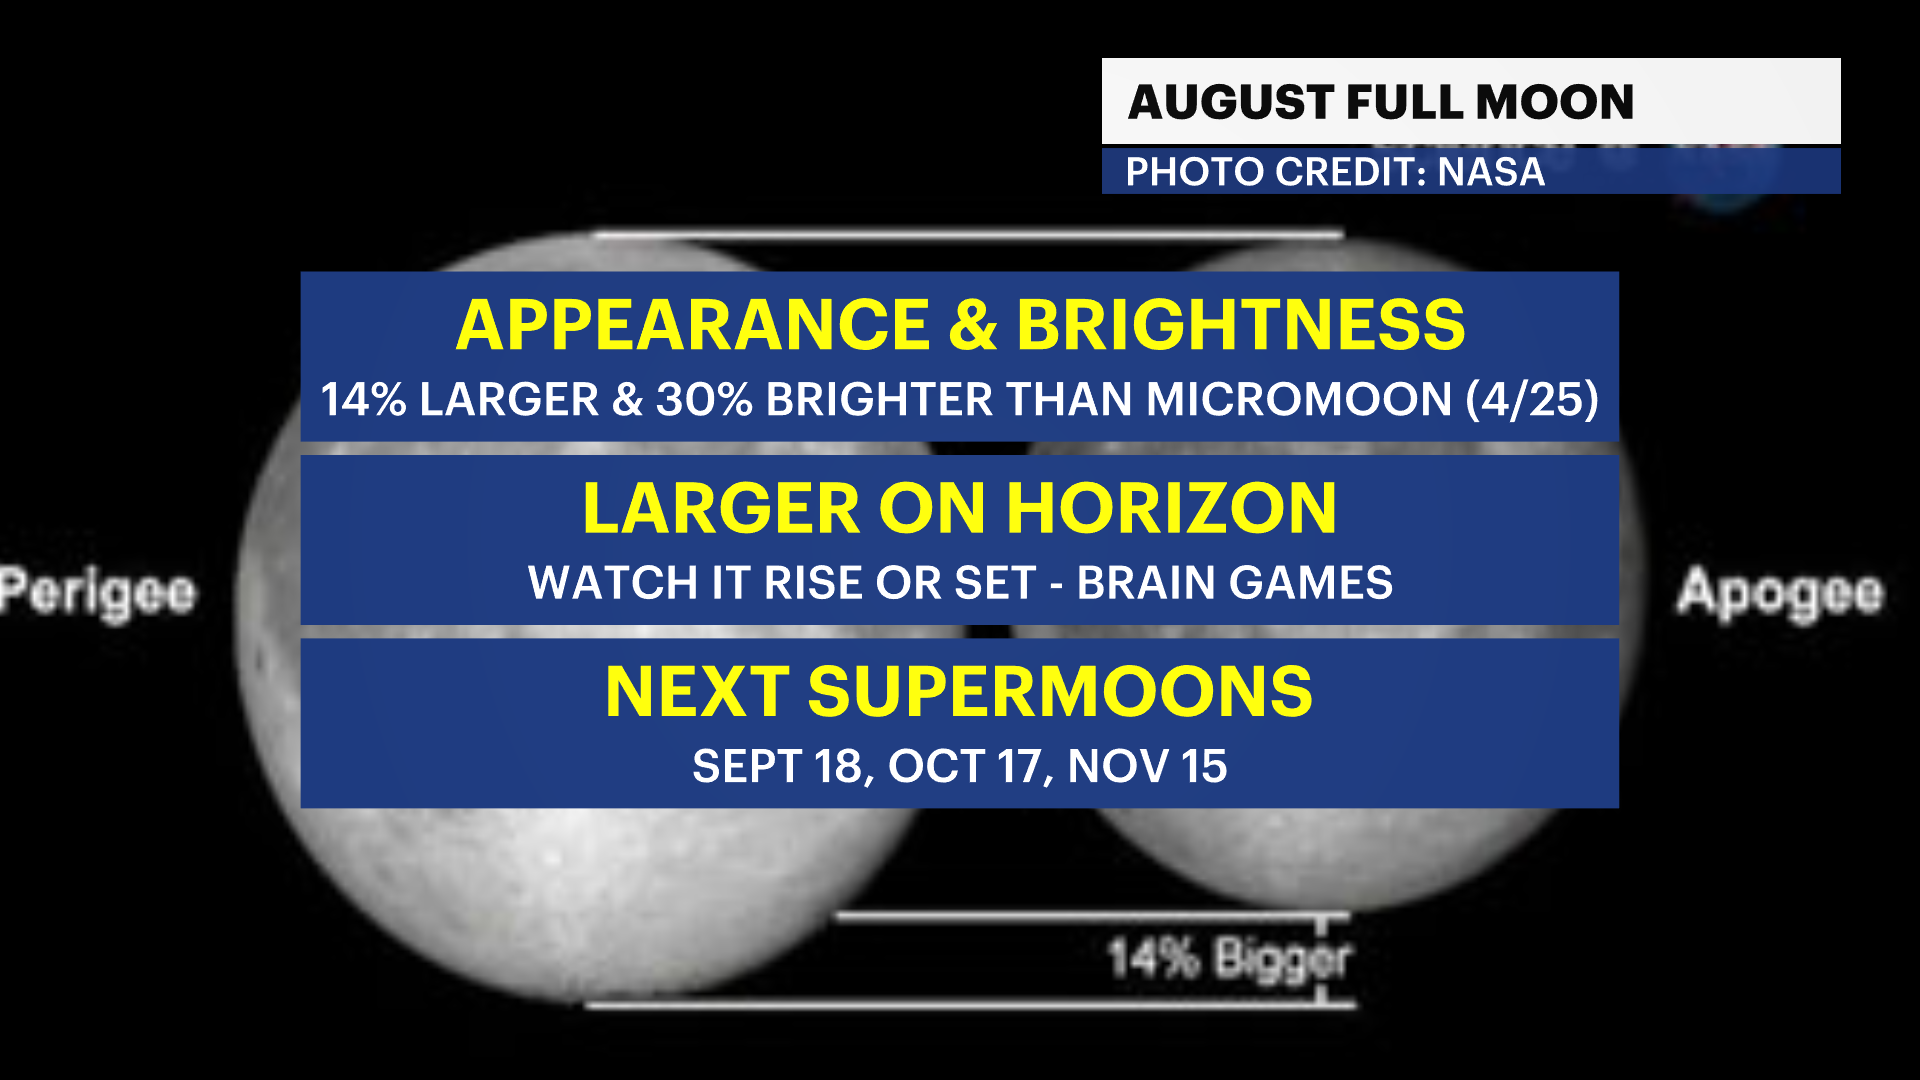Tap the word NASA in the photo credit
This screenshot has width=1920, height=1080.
coord(1491,172)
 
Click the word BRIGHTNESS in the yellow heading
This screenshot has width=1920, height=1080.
coord(1241,325)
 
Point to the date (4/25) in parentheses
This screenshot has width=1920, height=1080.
coord(1532,399)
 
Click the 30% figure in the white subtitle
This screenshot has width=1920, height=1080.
coord(704,399)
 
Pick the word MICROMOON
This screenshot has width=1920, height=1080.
coord(1299,399)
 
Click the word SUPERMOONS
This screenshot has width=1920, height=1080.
coord(1060,691)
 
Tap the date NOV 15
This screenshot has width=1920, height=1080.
coord(1147,767)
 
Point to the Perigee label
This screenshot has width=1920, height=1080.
coord(98,593)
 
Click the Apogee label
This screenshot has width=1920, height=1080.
coord(1780,593)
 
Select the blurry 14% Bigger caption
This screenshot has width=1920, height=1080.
coord(1229,958)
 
